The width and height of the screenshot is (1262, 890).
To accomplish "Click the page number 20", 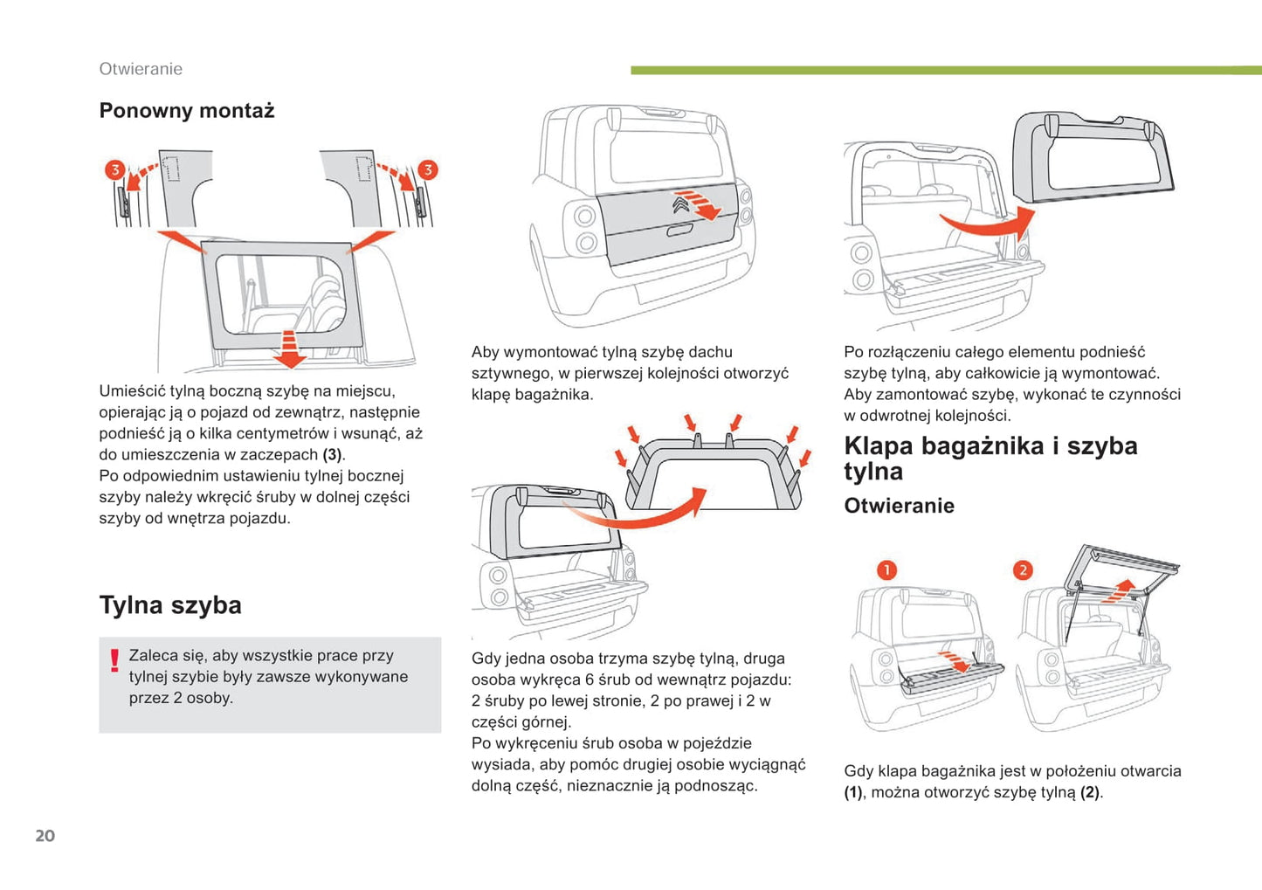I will [45, 836].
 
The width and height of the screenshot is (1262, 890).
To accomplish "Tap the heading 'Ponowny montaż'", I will [187, 111].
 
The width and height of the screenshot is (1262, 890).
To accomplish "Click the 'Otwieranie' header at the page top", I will [141, 69].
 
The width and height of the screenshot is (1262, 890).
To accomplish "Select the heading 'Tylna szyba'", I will [170, 605].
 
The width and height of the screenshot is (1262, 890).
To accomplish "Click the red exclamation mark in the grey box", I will [114, 660].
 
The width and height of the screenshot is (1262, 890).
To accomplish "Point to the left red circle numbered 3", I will [114, 169].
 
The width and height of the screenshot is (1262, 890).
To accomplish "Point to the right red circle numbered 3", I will [427, 169].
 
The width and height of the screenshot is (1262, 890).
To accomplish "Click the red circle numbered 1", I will [886, 570].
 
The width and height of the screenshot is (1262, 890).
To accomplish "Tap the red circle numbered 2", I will [1023, 570].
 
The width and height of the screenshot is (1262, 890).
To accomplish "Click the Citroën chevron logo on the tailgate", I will [681, 204].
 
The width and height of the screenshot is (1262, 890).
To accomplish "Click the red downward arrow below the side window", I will [288, 348].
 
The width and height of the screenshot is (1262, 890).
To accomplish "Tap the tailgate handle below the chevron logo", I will [679, 231].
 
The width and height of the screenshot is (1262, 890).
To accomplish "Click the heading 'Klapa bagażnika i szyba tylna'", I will [990, 459].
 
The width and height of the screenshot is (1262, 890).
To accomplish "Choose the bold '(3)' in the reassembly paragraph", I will [332, 455].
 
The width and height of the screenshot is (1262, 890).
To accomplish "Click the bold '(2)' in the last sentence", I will [1089, 793].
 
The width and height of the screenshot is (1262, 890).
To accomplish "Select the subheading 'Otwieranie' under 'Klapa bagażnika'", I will [899, 506].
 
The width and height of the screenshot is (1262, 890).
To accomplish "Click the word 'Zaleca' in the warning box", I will [154, 656].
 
